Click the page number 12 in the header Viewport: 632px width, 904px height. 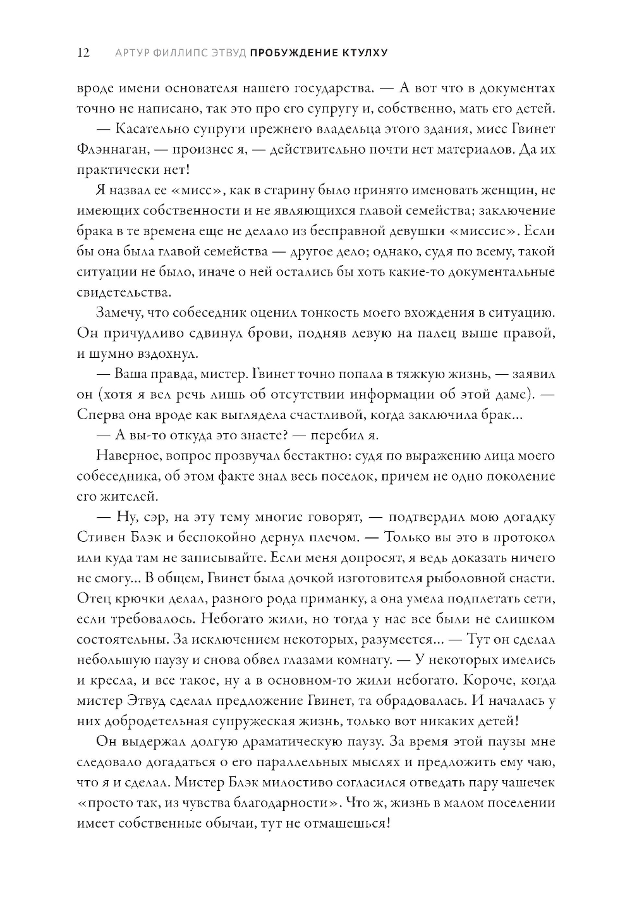pyautogui.click(x=83, y=53)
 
